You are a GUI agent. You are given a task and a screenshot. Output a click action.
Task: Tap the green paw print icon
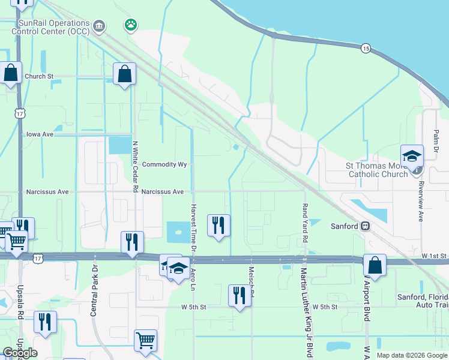[130, 25]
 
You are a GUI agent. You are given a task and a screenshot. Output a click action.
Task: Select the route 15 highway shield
[365, 47]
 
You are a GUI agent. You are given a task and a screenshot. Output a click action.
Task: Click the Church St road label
[39, 77]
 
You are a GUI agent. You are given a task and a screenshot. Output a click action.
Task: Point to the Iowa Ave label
[40, 135]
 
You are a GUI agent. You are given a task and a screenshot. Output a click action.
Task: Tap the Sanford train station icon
[364, 227]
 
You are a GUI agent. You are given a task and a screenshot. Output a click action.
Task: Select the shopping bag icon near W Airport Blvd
[375, 266]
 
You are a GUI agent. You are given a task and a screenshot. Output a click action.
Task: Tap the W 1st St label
[435, 256]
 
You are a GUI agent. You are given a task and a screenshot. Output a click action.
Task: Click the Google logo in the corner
[20, 353]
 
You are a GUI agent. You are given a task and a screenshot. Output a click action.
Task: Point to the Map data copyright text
[411, 355]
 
